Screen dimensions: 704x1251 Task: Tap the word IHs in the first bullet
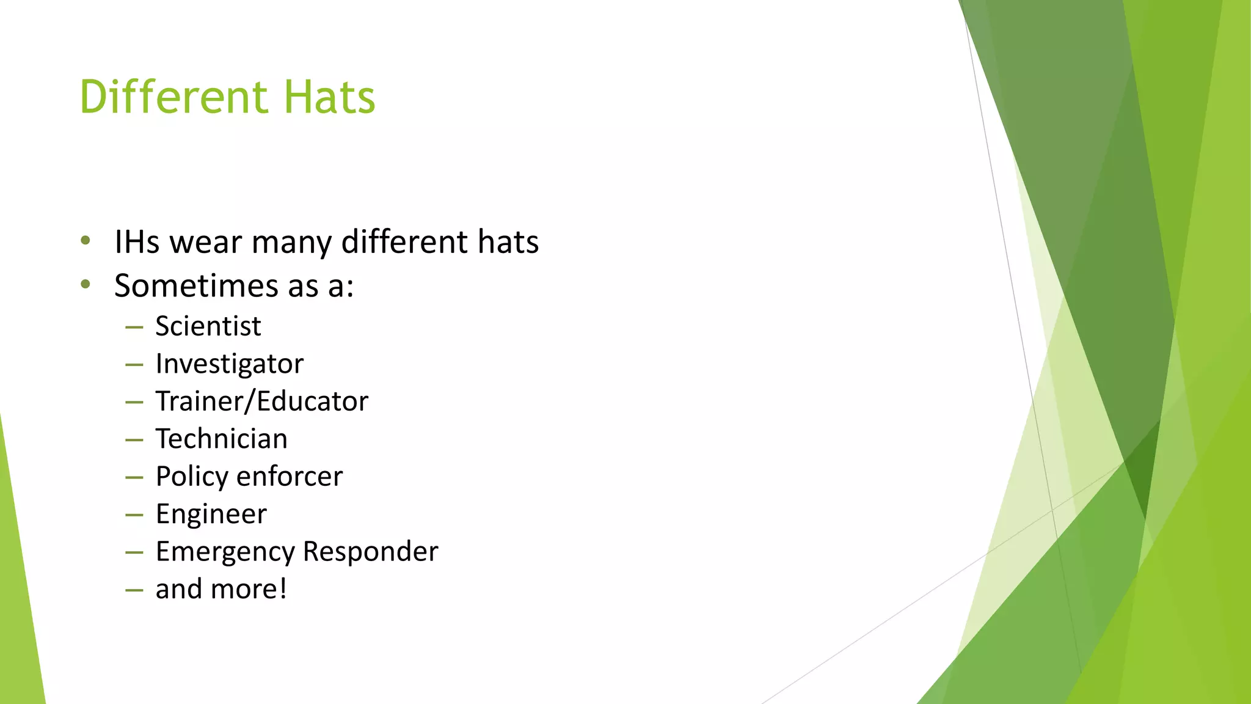click(137, 241)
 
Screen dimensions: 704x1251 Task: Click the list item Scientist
click(208, 326)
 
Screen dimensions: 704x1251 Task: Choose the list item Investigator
click(230, 364)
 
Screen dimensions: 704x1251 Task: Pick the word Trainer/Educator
click(262, 402)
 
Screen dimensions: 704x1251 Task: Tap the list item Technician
click(222, 439)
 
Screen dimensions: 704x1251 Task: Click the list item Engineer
click(211, 515)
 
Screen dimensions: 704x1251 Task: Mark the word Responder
click(371, 552)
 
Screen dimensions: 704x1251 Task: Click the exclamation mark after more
click(283, 588)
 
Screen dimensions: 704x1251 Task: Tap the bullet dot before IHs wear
click(86, 241)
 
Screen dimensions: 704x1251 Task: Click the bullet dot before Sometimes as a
click(86, 284)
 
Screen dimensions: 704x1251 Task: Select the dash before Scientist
click(134, 328)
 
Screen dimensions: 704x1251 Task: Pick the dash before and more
click(134, 590)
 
